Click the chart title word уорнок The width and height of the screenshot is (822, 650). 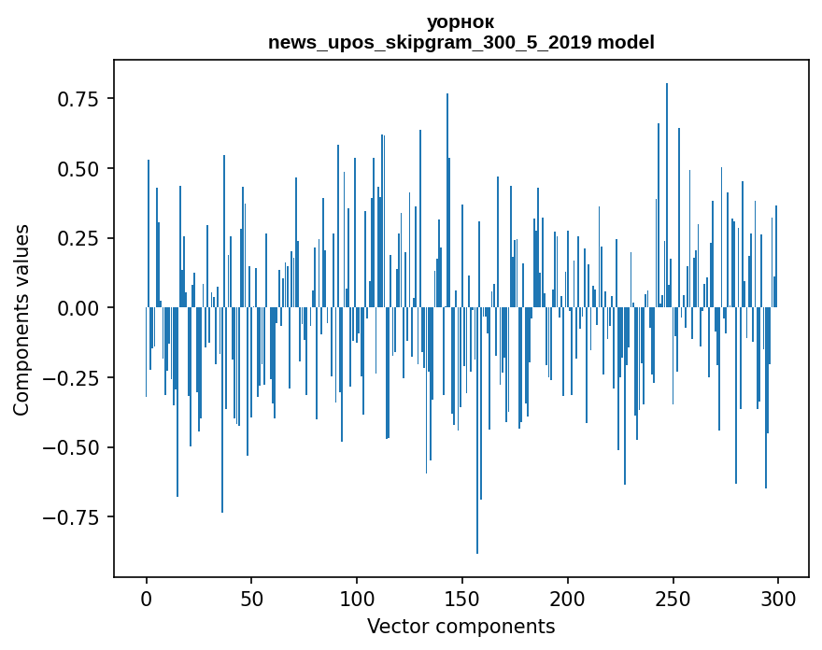461,21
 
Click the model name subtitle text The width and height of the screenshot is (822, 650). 461,42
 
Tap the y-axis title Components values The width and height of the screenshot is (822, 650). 21,319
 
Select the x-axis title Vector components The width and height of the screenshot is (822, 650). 461,627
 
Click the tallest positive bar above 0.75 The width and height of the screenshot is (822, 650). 667,187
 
